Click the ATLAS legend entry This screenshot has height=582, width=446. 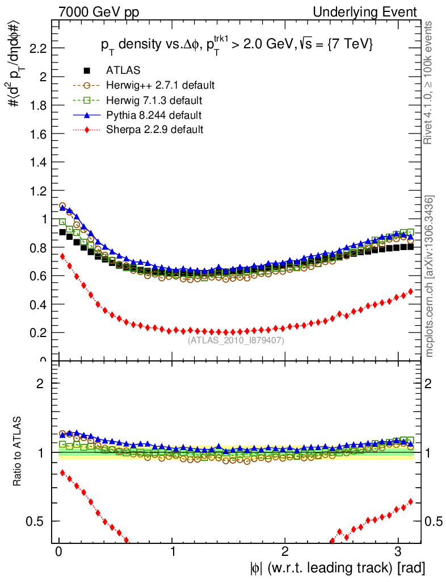point(123,70)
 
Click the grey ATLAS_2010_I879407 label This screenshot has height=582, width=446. point(236,340)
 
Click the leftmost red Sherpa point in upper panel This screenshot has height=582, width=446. point(63,256)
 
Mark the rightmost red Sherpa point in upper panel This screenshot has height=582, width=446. point(410,291)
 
